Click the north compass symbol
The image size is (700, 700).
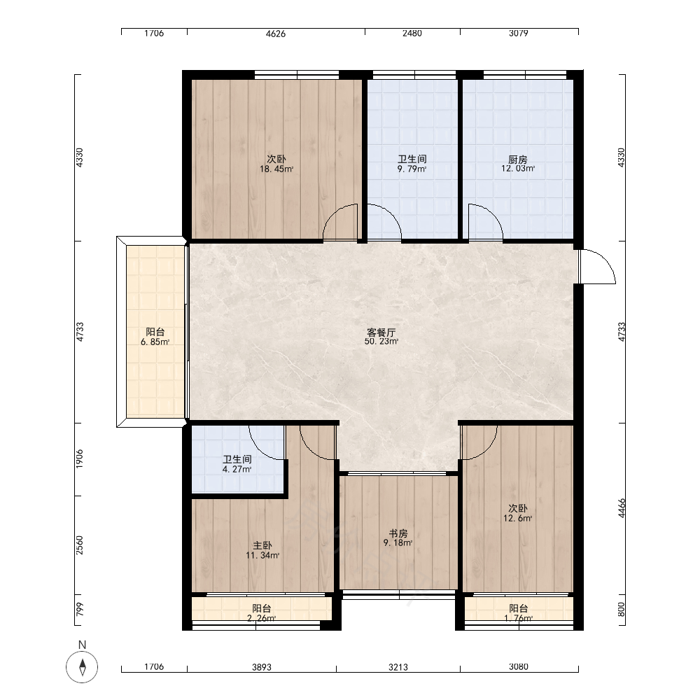82,667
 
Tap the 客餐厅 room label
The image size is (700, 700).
381,332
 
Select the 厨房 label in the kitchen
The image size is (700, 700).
518,160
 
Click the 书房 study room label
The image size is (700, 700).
398,533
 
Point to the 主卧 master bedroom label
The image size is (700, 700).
262,545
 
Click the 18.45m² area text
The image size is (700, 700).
276,169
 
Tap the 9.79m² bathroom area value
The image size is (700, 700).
412,169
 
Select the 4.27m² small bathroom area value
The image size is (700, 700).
237,470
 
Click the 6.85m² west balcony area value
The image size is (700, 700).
155,342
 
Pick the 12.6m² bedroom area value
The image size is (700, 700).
518,519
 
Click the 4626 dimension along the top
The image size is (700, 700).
275,34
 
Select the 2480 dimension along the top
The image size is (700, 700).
412,34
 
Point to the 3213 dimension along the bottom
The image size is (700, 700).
398,667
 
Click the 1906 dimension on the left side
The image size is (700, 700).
80,459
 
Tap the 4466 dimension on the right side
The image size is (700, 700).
622,508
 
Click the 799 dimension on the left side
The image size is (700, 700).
80,610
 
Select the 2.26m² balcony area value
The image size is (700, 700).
262,619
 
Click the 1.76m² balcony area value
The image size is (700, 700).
518,619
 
